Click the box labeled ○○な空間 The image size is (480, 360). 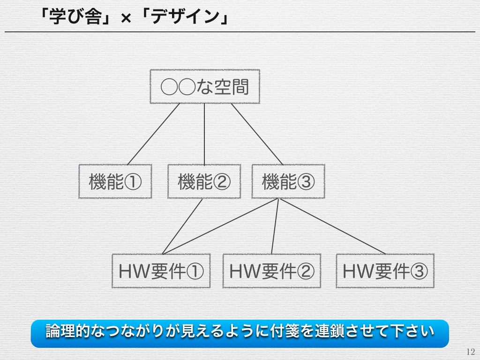pyautogui.click(x=205, y=86)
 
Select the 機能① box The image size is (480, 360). pyautogui.click(x=115, y=181)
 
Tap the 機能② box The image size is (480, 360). pyautogui.click(x=204, y=181)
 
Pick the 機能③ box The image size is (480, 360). pyautogui.click(x=288, y=181)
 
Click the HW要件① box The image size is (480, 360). pyautogui.click(x=161, y=270)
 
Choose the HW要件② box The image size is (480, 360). pyautogui.click(x=272, y=270)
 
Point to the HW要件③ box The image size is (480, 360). pyautogui.click(x=385, y=270)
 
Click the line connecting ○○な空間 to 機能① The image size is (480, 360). pyautogui.click(x=154, y=134)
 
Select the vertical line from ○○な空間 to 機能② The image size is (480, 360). pyautogui.click(x=204, y=134)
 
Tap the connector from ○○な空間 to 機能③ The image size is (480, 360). pyautogui.click(x=257, y=134)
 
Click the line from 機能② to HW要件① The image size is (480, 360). pyautogui.click(x=182, y=226)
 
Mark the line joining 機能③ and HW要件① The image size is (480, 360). pyautogui.click(x=220, y=226)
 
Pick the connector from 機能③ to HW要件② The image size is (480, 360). pyautogui.click(x=275, y=226)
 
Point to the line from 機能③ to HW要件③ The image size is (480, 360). pyautogui.click(x=332, y=226)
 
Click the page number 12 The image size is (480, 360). pyautogui.click(x=471, y=352)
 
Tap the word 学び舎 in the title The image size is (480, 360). pyautogui.click(x=75, y=16)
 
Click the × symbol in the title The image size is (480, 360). pyautogui.click(x=126, y=19)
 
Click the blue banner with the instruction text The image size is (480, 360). pyautogui.click(x=240, y=333)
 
